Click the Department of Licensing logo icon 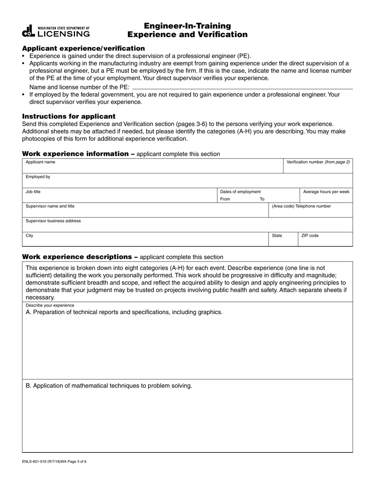point(29,31)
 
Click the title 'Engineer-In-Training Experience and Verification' point(187,30)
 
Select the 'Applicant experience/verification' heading point(83,48)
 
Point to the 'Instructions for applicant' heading point(69,116)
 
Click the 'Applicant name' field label point(40,162)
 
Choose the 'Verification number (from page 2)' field point(318,166)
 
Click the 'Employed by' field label point(38,177)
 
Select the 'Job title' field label point(33,192)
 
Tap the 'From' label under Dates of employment point(225,199)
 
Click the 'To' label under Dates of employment point(262,199)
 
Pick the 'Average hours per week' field point(326,195)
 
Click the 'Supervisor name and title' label point(50,206)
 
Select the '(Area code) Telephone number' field point(310,210)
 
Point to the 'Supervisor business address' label point(53,221)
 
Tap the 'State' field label point(277,236)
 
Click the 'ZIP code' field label point(310,236)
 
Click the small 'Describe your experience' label point(50,305)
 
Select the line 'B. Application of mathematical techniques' point(109,386)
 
